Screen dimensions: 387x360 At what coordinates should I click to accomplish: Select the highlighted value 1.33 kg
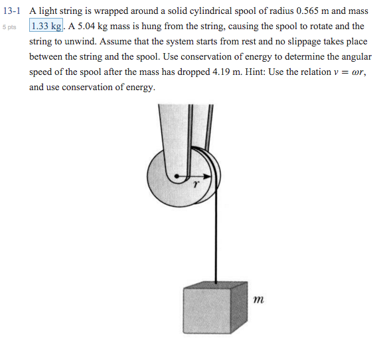point(46,27)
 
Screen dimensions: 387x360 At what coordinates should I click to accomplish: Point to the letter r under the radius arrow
point(195,186)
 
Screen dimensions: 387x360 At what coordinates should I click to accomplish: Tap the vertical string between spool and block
point(215,239)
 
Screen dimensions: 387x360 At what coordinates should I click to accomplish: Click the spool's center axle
point(177,177)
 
